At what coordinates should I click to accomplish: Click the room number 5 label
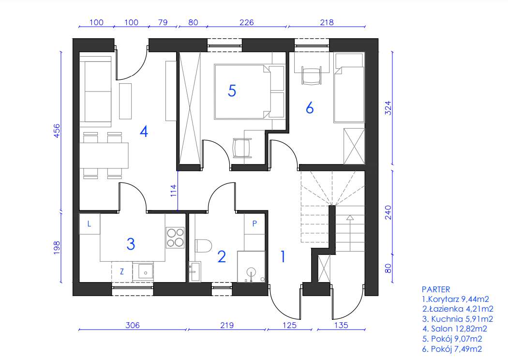point(232,90)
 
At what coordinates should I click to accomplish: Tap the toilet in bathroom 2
point(203,245)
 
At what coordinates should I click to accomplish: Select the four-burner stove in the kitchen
point(175,238)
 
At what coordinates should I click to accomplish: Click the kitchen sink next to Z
point(146,271)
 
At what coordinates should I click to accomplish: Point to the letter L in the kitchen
point(89,224)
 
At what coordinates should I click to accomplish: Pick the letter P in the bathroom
point(254,223)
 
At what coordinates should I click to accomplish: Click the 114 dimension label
point(174,191)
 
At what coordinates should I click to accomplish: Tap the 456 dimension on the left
point(57,131)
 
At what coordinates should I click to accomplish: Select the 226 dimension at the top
point(246,22)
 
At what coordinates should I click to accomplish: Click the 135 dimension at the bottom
point(341,325)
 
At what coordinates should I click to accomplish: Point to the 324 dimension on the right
point(388,108)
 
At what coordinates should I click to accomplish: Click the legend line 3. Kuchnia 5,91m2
point(458,319)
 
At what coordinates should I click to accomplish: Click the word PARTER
point(436,289)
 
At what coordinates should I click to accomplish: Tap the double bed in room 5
point(249,92)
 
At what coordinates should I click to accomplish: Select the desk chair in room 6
point(312,75)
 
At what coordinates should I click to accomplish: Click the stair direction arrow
point(350,233)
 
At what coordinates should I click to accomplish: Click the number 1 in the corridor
point(283,256)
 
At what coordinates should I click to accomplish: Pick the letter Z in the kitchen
point(122,271)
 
